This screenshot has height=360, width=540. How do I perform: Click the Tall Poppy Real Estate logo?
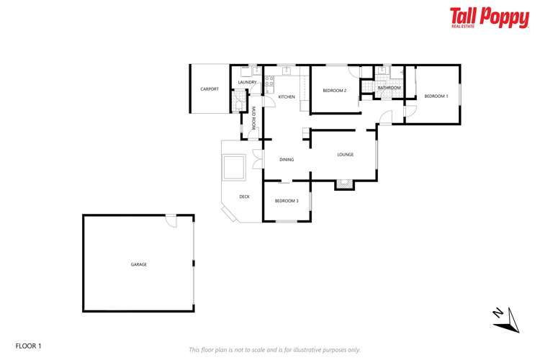(489, 17)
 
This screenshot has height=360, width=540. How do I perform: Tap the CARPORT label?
(210, 89)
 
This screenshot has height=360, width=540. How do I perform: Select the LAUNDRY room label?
(247, 83)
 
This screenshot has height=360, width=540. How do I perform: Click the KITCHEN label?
(287, 96)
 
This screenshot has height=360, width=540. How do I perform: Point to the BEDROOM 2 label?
(334, 91)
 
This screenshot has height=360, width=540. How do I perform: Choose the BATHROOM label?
(389, 88)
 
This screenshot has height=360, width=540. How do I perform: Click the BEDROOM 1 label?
(436, 96)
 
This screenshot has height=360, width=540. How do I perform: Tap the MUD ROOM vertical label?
(253, 118)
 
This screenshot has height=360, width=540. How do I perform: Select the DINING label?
(286, 160)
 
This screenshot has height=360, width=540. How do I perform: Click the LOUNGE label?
(345, 155)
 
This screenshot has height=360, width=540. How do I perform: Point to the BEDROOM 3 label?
(287, 201)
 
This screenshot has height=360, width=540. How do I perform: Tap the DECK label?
(244, 196)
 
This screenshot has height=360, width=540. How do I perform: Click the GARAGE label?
(138, 264)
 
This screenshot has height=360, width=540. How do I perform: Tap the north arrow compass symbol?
(506, 319)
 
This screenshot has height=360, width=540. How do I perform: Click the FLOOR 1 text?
(29, 346)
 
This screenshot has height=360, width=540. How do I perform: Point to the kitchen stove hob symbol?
(268, 83)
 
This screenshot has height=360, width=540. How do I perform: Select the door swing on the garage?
(171, 221)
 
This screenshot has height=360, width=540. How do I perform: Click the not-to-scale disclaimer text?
(274, 350)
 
